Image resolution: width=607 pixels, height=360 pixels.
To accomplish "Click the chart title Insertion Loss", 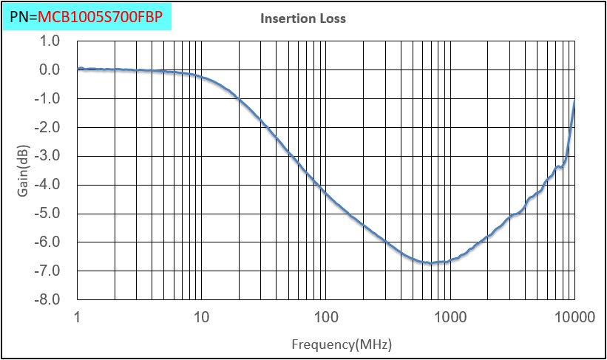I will point(303,18).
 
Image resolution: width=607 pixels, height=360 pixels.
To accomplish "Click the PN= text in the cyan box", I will point(23,15).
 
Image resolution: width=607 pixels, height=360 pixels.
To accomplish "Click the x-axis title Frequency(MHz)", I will point(341,344).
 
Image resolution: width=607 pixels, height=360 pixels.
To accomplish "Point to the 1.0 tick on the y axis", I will point(49,41).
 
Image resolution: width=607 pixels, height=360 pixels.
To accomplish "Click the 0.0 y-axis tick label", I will point(49,70).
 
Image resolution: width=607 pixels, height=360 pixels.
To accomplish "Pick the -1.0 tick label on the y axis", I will point(47,99).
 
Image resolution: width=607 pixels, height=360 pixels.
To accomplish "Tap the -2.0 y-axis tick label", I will point(47,128).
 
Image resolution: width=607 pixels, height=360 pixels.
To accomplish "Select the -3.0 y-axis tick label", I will point(47,157).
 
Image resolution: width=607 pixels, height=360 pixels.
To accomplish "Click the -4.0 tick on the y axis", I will point(47,186).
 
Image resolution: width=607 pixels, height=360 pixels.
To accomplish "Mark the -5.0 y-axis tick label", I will point(47,214).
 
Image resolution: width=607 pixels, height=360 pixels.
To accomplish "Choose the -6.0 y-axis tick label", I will point(47,242).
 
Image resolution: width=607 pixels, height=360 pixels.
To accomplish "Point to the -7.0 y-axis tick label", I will point(47,271).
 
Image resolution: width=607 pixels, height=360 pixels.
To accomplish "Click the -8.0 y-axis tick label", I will point(47,300).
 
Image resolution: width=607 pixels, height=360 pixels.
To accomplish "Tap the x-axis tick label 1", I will point(78,318).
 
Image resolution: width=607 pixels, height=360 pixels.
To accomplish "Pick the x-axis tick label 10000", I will point(572,318).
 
